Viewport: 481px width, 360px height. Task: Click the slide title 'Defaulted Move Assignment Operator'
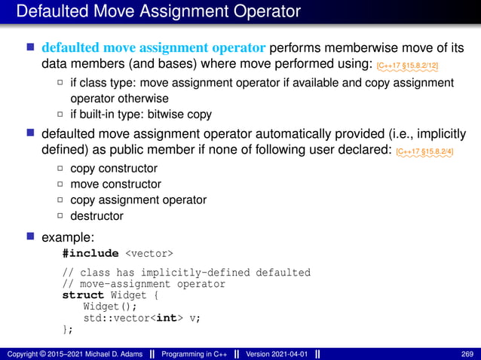(x=158, y=11)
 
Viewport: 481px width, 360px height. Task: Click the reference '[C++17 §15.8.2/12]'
(x=408, y=66)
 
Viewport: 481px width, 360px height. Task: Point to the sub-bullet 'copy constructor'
(x=113, y=168)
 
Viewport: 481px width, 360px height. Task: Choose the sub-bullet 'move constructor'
(x=115, y=184)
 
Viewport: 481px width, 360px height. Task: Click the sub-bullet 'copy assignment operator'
(x=138, y=200)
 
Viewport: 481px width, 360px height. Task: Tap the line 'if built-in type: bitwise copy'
(x=141, y=114)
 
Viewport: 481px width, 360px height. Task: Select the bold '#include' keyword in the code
(x=90, y=253)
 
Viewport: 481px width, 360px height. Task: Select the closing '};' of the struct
(x=68, y=328)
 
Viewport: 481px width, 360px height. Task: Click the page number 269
(x=467, y=353)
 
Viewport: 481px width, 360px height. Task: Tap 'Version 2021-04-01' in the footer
(x=275, y=353)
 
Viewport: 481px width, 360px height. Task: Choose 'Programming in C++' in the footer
(x=195, y=353)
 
